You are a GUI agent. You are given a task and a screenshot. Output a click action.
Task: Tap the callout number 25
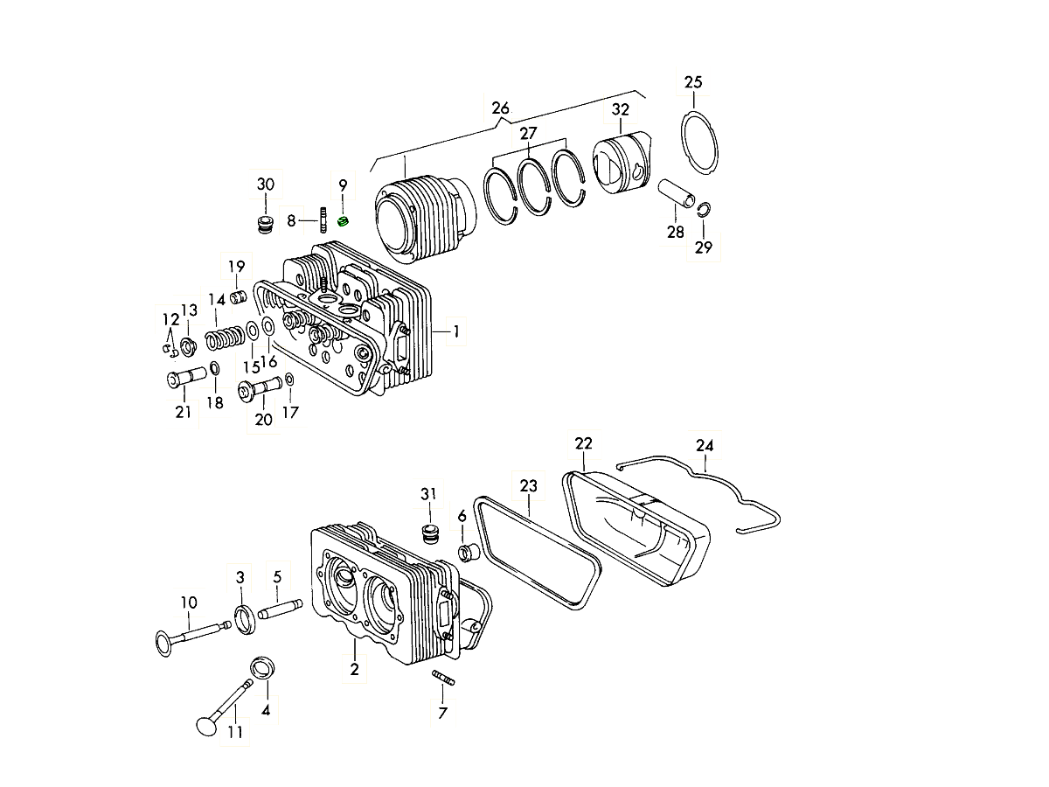tap(692, 83)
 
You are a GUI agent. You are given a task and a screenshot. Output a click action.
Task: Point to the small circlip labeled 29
tap(705, 208)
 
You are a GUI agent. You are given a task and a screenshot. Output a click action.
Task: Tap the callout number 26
tap(500, 108)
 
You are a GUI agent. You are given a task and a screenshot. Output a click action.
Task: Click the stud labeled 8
tap(324, 219)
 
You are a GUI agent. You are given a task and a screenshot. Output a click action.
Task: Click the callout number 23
tap(528, 485)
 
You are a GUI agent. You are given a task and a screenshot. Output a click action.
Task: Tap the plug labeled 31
tap(428, 533)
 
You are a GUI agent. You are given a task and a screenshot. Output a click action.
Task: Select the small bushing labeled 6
tap(467, 553)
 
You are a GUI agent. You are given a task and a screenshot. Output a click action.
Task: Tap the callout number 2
tap(354, 670)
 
